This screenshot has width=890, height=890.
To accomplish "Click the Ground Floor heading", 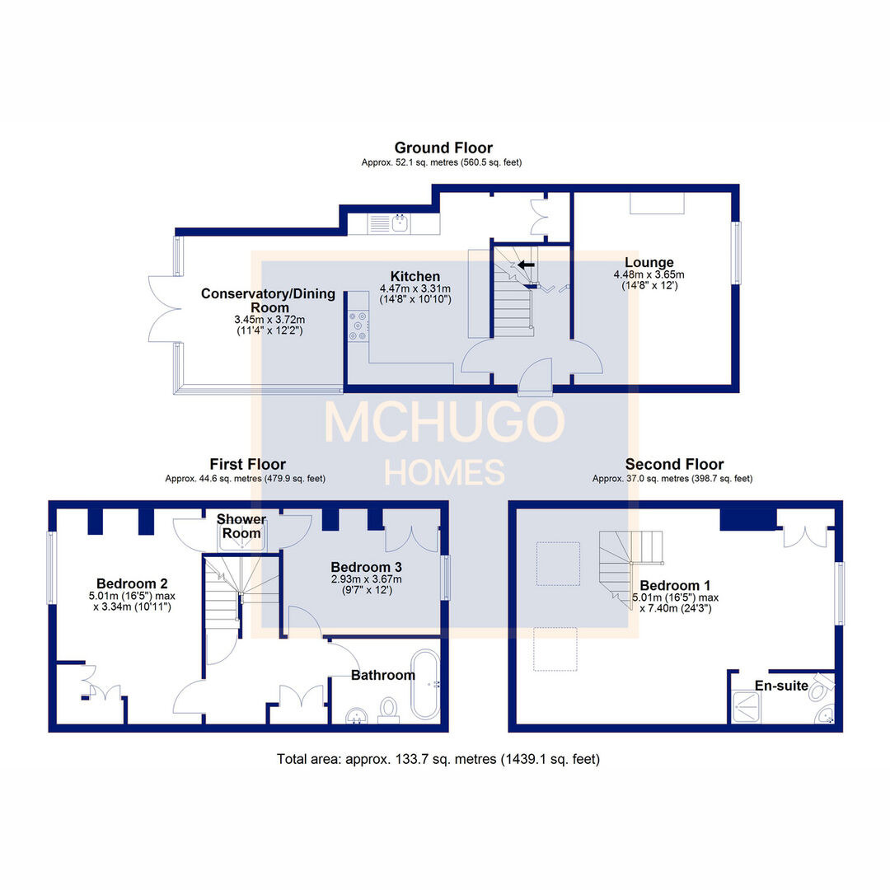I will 443,148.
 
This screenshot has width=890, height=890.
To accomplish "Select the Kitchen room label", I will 415,276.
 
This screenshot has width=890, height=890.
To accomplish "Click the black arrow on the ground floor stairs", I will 525,265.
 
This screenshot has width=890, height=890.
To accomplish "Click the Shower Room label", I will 241,526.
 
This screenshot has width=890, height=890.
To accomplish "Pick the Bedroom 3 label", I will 366,567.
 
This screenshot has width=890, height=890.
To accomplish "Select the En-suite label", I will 781,686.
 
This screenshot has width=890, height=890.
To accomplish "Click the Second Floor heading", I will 674,465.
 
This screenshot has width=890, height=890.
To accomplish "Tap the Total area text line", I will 438,759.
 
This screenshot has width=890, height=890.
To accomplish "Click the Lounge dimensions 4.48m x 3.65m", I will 649,275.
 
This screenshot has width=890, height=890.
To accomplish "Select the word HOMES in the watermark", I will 444,473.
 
